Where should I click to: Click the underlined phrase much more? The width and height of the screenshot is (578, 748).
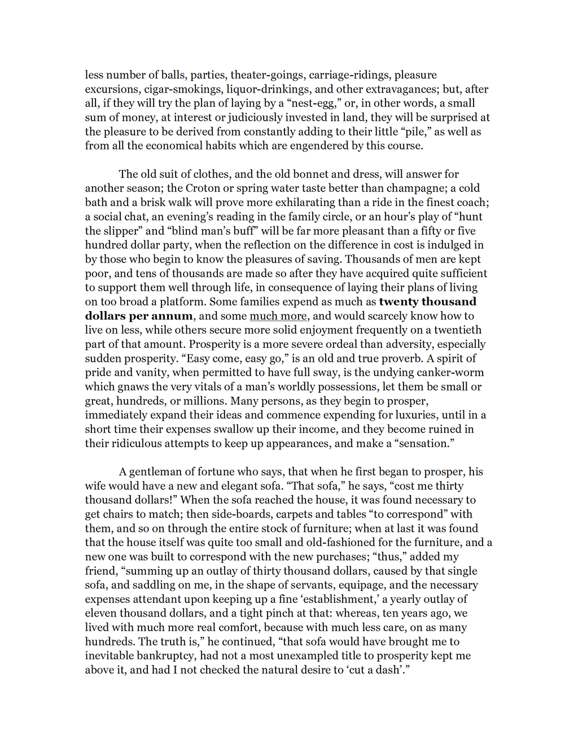pyautogui.click(x=278, y=316)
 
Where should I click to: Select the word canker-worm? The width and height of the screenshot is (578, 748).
pyautogui.click(x=448, y=373)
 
